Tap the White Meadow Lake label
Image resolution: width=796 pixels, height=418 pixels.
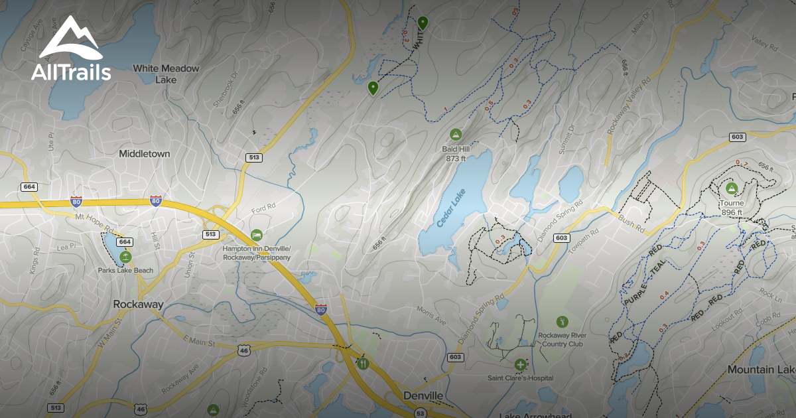pos(166,74)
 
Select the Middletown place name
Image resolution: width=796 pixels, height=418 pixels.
pos(145,154)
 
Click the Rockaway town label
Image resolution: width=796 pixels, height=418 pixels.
pos(138,304)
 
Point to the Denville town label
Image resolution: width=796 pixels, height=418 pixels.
pos(423,396)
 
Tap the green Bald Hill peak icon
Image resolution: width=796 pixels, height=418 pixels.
pos(455,135)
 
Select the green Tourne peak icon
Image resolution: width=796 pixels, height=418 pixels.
pos(731,188)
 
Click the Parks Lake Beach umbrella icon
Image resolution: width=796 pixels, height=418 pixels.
pos(125,257)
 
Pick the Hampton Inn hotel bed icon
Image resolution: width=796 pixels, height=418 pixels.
pos(257,235)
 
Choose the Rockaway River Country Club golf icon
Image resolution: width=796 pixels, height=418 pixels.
pos(563,322)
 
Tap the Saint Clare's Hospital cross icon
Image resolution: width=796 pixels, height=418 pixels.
pos(520,365)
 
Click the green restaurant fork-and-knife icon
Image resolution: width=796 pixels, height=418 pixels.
pos(362,363)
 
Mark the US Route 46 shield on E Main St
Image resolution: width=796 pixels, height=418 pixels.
pos(244,349)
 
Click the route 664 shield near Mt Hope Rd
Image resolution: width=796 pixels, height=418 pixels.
pos(125,242)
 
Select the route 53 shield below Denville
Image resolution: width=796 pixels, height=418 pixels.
pos(420,413)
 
